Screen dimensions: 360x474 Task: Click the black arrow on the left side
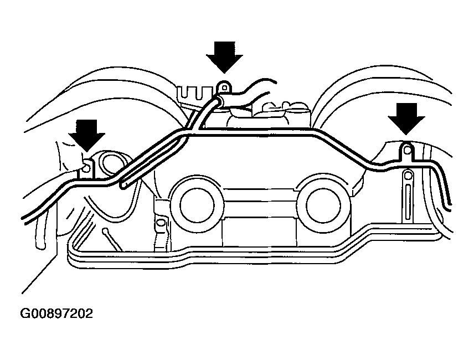[x=86, y=132]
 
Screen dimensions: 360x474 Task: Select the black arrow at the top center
[x=224, y=54]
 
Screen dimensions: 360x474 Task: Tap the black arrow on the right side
[x=406, y=117]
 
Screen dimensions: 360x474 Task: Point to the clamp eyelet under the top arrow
[x=224, y=88]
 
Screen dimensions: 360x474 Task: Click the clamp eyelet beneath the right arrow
[x=407, y=150]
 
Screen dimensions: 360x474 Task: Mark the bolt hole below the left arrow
[x=87, y=164]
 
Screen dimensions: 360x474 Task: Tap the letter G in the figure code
[x=26, y=314]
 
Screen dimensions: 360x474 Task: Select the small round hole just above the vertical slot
[x=407, y=176]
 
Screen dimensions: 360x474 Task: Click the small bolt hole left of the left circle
[x=161, y=224]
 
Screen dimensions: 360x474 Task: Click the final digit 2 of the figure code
[x=89, y=314]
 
